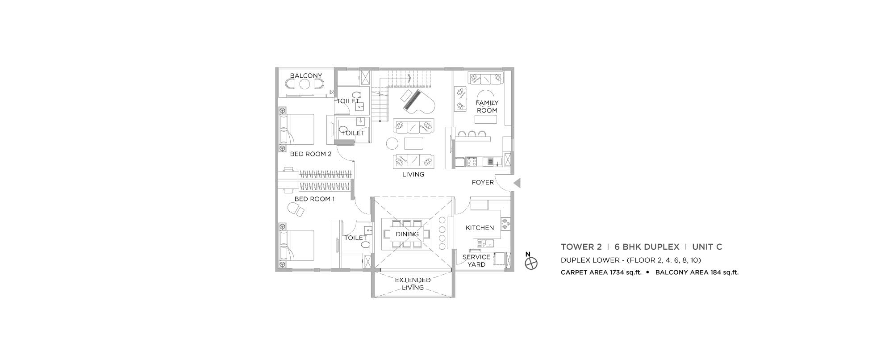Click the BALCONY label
coord(306,75)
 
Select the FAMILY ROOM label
coord(487,106)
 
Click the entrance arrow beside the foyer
coord(517,183)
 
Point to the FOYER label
coord(483,182)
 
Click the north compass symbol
coord(530,263)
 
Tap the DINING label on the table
coord(407,234)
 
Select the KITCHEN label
coord(480,228)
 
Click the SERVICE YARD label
coord(476,260)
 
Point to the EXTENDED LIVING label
coord(413,284)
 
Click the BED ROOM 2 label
coord(310,154)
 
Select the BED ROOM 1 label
coord(314,199)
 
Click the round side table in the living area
coord(392,143)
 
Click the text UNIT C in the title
coord(707,247)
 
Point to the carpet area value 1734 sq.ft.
coord(621,272)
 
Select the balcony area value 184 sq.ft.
coord(719,272)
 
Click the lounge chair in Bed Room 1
coord(295,209)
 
